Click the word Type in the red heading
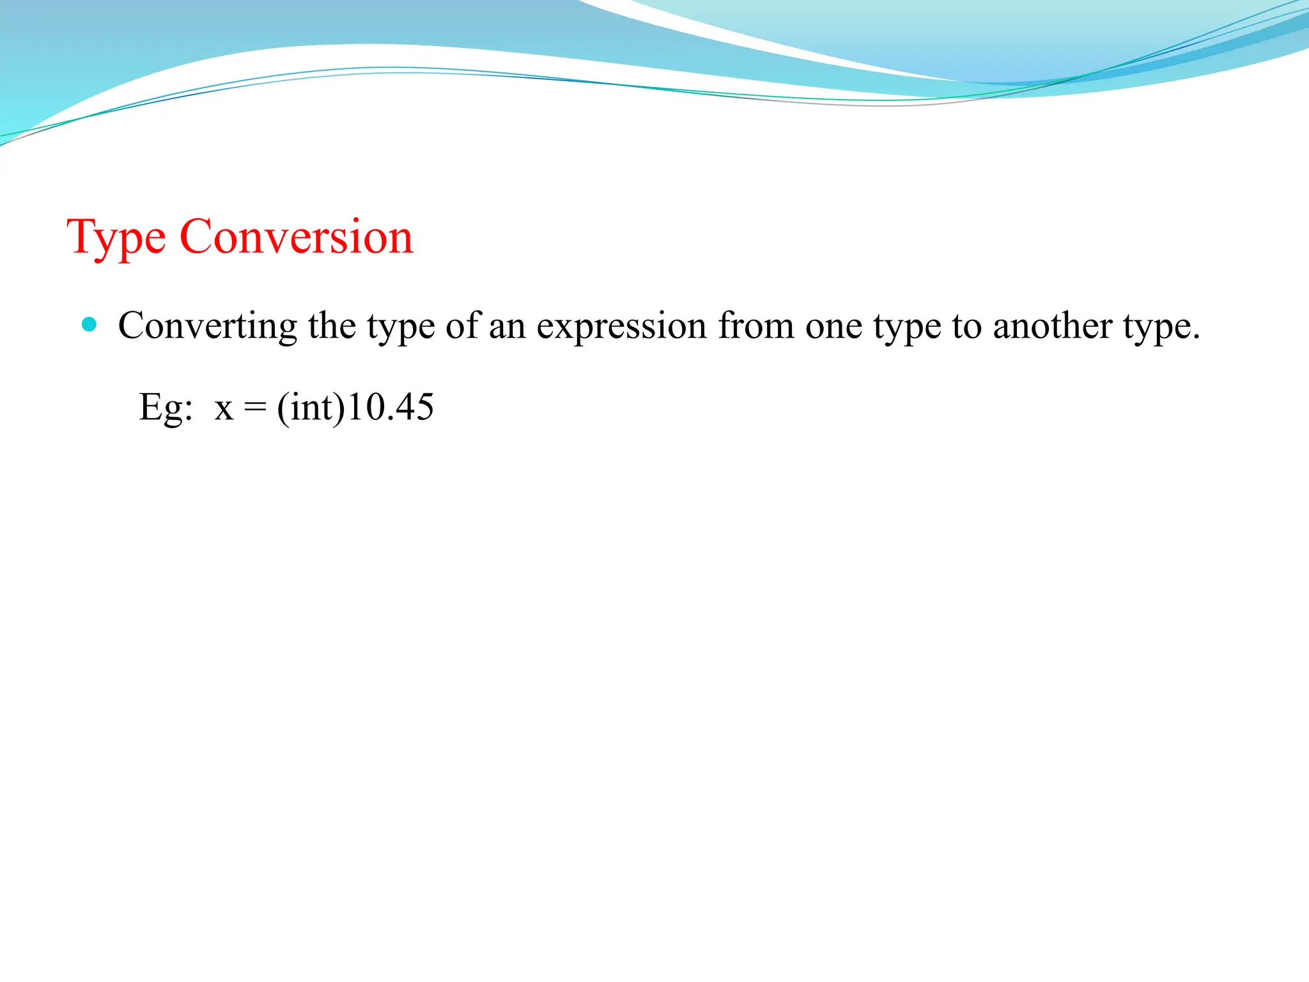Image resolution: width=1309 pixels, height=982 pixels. click(116, 238)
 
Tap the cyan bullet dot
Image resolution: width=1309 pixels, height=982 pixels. click(89, 325)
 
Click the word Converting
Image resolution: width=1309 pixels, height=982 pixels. click(207, 326)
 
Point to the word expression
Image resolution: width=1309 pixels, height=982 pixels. click(621, 326)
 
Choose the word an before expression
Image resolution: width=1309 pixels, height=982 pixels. click(507, 326)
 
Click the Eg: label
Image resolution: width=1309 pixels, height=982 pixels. click(166, 407)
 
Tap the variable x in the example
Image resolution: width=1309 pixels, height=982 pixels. click(224, 407)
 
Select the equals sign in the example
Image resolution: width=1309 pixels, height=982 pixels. click(254, 407)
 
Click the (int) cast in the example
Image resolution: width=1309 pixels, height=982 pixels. click(311, 407)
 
